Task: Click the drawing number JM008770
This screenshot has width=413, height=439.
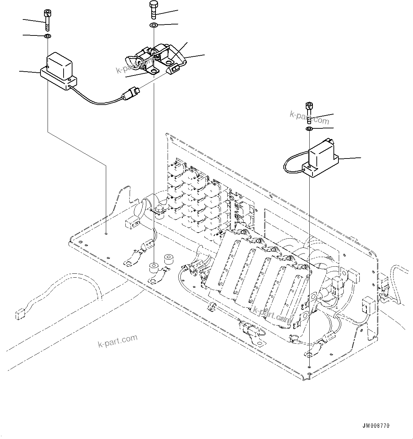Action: (x=376, y=426)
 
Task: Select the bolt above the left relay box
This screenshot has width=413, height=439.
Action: (x=47, y=20)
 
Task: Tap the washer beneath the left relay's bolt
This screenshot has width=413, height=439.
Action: (x=47, y=36)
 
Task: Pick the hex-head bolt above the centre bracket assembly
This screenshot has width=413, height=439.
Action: (x=153, y=10)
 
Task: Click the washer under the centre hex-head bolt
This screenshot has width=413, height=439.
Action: (x=153, y=26)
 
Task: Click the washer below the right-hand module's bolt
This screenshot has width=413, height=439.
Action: (x=309, y=128)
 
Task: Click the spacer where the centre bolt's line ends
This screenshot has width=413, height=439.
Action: (x=154, y=267)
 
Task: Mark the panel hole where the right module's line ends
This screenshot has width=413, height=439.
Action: (x=310, y=367)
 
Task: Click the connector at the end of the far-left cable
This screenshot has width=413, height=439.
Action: (x=19, y=315)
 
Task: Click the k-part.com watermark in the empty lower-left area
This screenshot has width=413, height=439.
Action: (x=117, y=341)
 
